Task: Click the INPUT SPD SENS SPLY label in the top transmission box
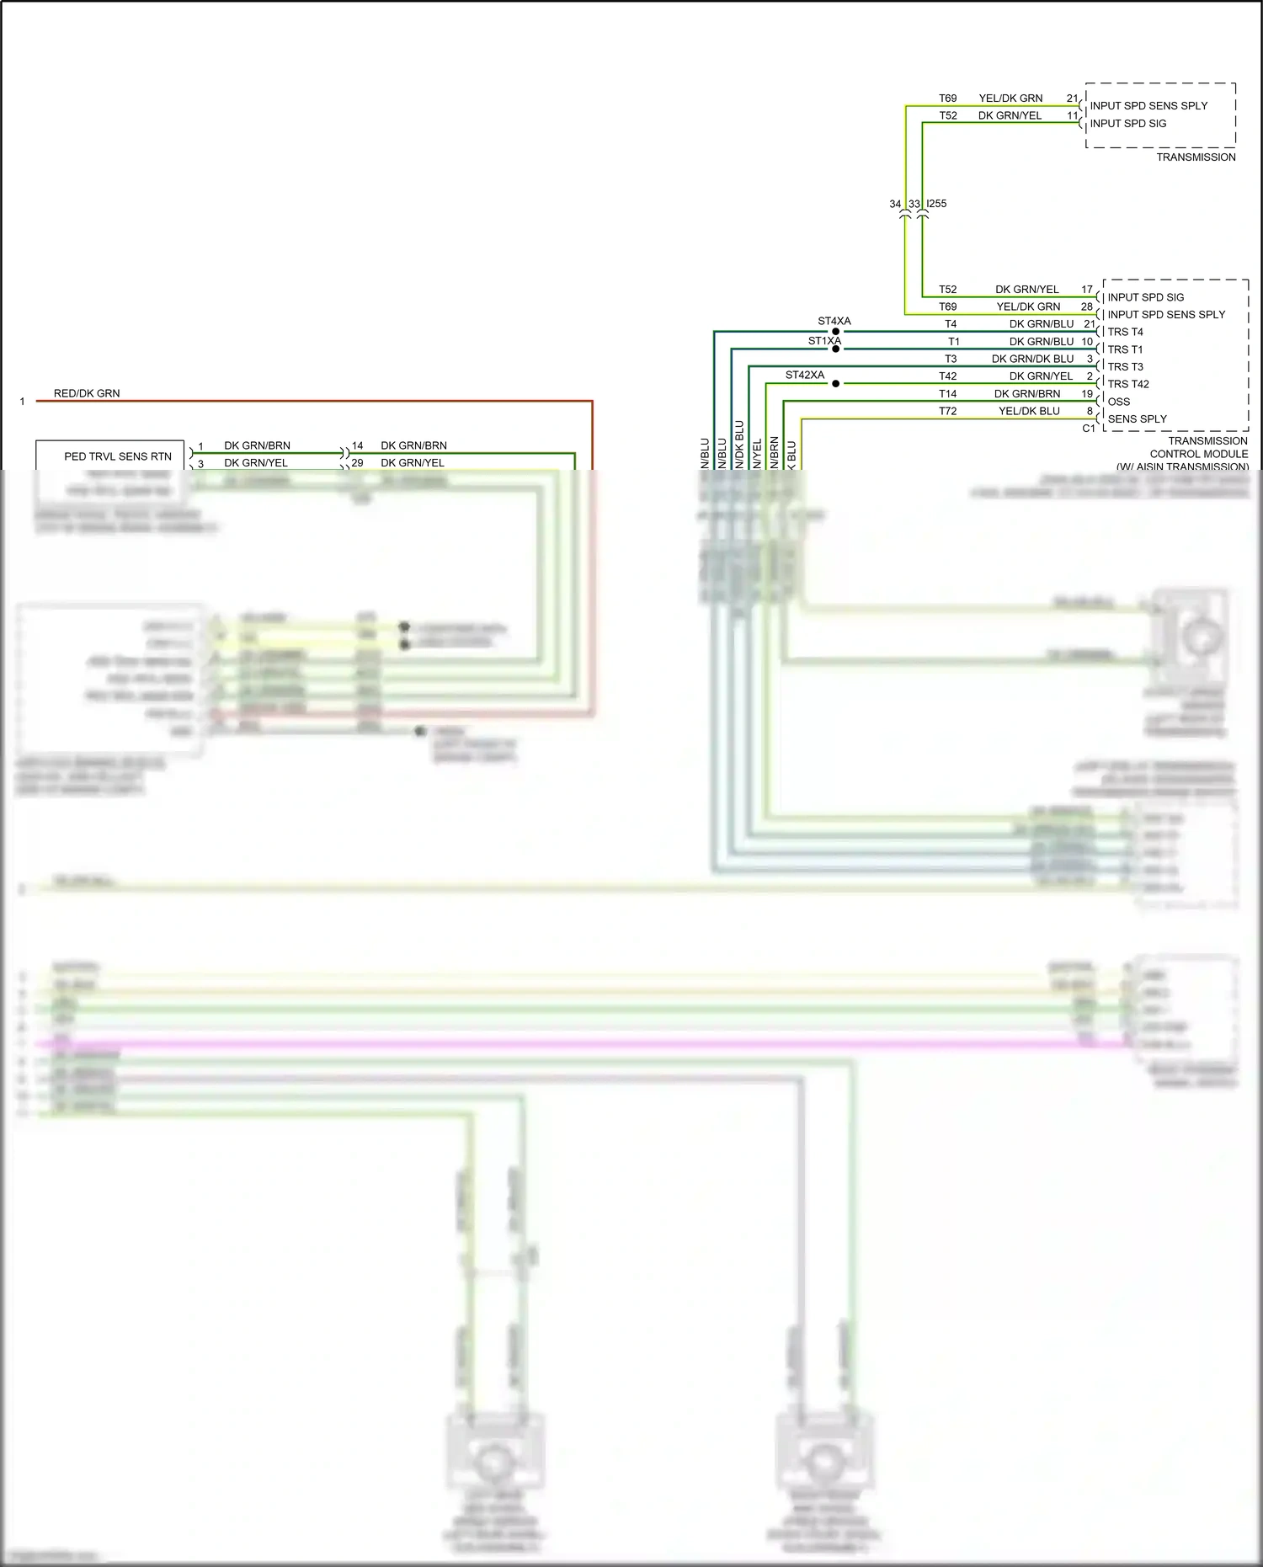click(x=1148, y=106)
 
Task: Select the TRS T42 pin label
click(x=1128, y=384)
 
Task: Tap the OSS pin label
click(x=1119, y=402)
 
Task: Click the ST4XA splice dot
click(x=835, y=332)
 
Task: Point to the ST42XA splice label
click(x=805, y=376)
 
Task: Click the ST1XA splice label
click(x=824, y=341)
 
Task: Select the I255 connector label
click(x=936, y=204)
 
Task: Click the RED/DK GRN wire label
click(x=87, y=393)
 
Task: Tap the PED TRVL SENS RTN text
click(x=118, y=456)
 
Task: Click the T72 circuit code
click(x=948, y=411)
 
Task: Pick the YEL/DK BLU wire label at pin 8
click(x=1029, y=411)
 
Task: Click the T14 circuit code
click(x=948, y=393)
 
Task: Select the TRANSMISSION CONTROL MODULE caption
click(x=1199, y=453)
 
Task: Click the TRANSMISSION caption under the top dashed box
click(x=1196, y=157)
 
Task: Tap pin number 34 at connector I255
click(x=895, y=204)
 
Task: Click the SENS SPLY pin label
click(x=1137, y=418)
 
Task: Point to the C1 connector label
click(x=1089, y=429)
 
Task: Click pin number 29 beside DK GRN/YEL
click(x=357, y=463)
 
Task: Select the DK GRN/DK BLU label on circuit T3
click(x=1032, y=359)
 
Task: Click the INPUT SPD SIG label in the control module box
click(x=1145, y=297)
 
